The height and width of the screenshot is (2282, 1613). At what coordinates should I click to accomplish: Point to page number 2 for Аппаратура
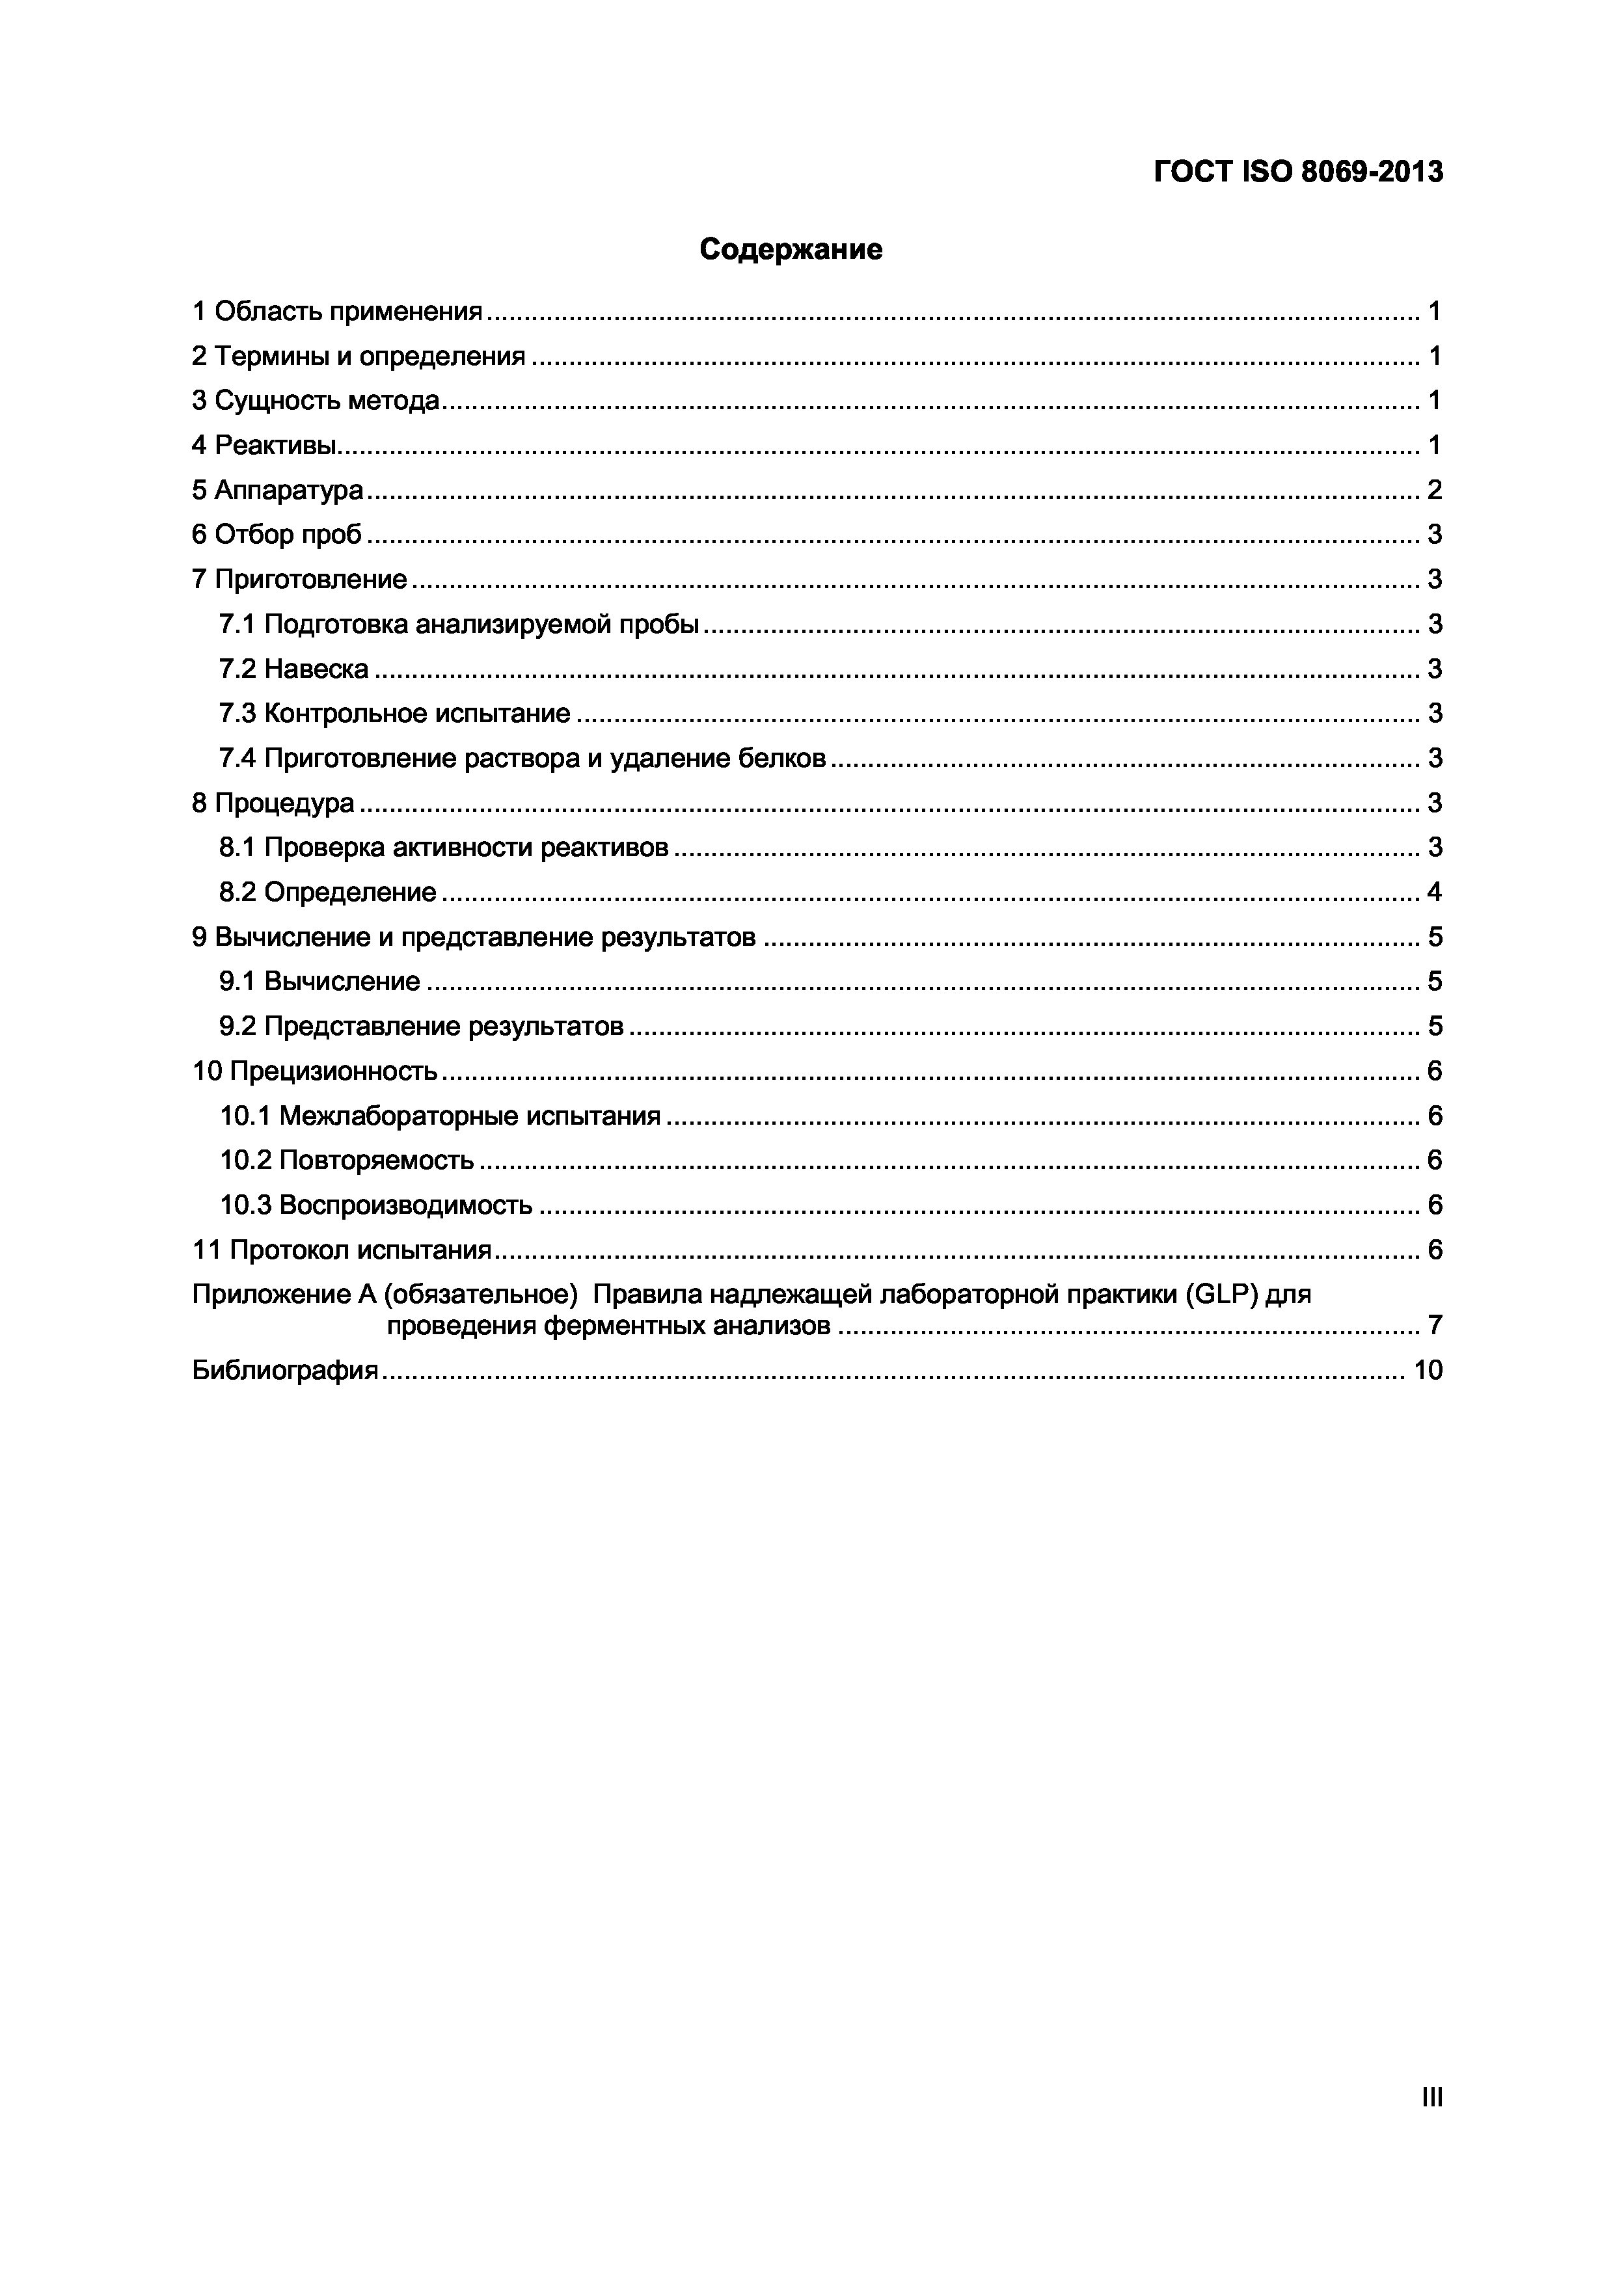point(1434,490)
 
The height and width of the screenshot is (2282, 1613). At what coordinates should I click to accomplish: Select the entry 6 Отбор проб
point(277,535)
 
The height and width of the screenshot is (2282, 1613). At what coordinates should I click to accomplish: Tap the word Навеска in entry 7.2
point(316,669)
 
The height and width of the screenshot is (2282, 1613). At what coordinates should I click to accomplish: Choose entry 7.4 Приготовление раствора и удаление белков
point(522,758)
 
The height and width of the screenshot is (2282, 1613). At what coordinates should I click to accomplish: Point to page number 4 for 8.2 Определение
point(1434,893)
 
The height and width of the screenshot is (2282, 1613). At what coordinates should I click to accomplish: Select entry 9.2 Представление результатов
point(422,1026)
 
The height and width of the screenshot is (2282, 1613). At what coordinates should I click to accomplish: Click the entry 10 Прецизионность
point(314,1071)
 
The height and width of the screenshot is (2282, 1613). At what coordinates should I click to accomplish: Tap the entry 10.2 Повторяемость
point(347,1160)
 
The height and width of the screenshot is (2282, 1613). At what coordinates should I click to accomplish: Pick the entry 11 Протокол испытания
point(342,1250)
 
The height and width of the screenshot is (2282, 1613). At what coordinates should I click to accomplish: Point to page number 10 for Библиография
point(1427,1371)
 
